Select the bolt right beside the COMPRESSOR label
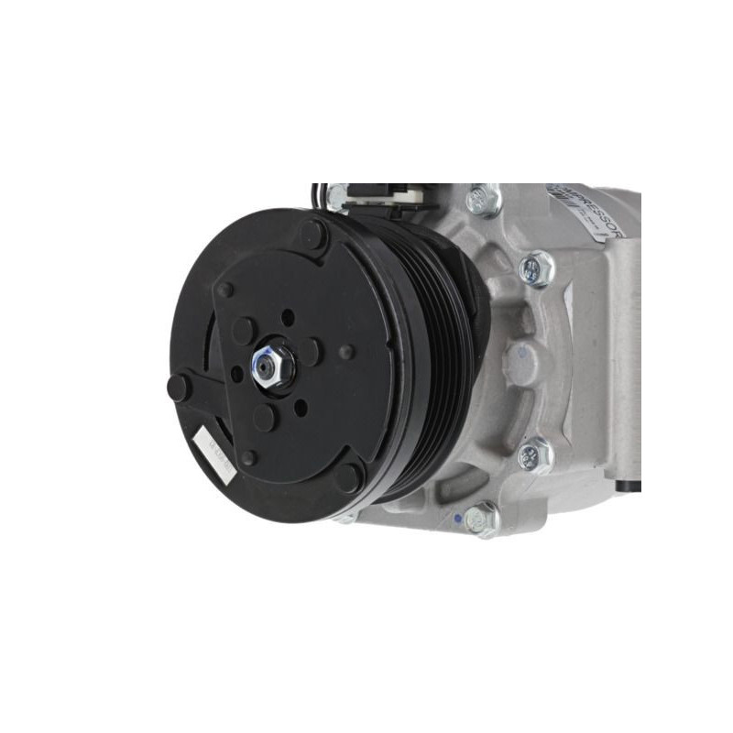(483, 198)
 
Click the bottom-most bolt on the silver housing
(480, 520)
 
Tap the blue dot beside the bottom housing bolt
(457, 516)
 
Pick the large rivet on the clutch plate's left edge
(179, 387)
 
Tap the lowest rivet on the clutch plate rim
(347, 476)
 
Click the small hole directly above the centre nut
(288, 318)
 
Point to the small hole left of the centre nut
(237, 374)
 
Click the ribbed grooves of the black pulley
(449, 357)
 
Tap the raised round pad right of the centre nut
(312, 352)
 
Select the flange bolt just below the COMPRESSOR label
(537, 268)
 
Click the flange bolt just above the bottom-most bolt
(534, 455)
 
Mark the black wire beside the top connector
(317, 195)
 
